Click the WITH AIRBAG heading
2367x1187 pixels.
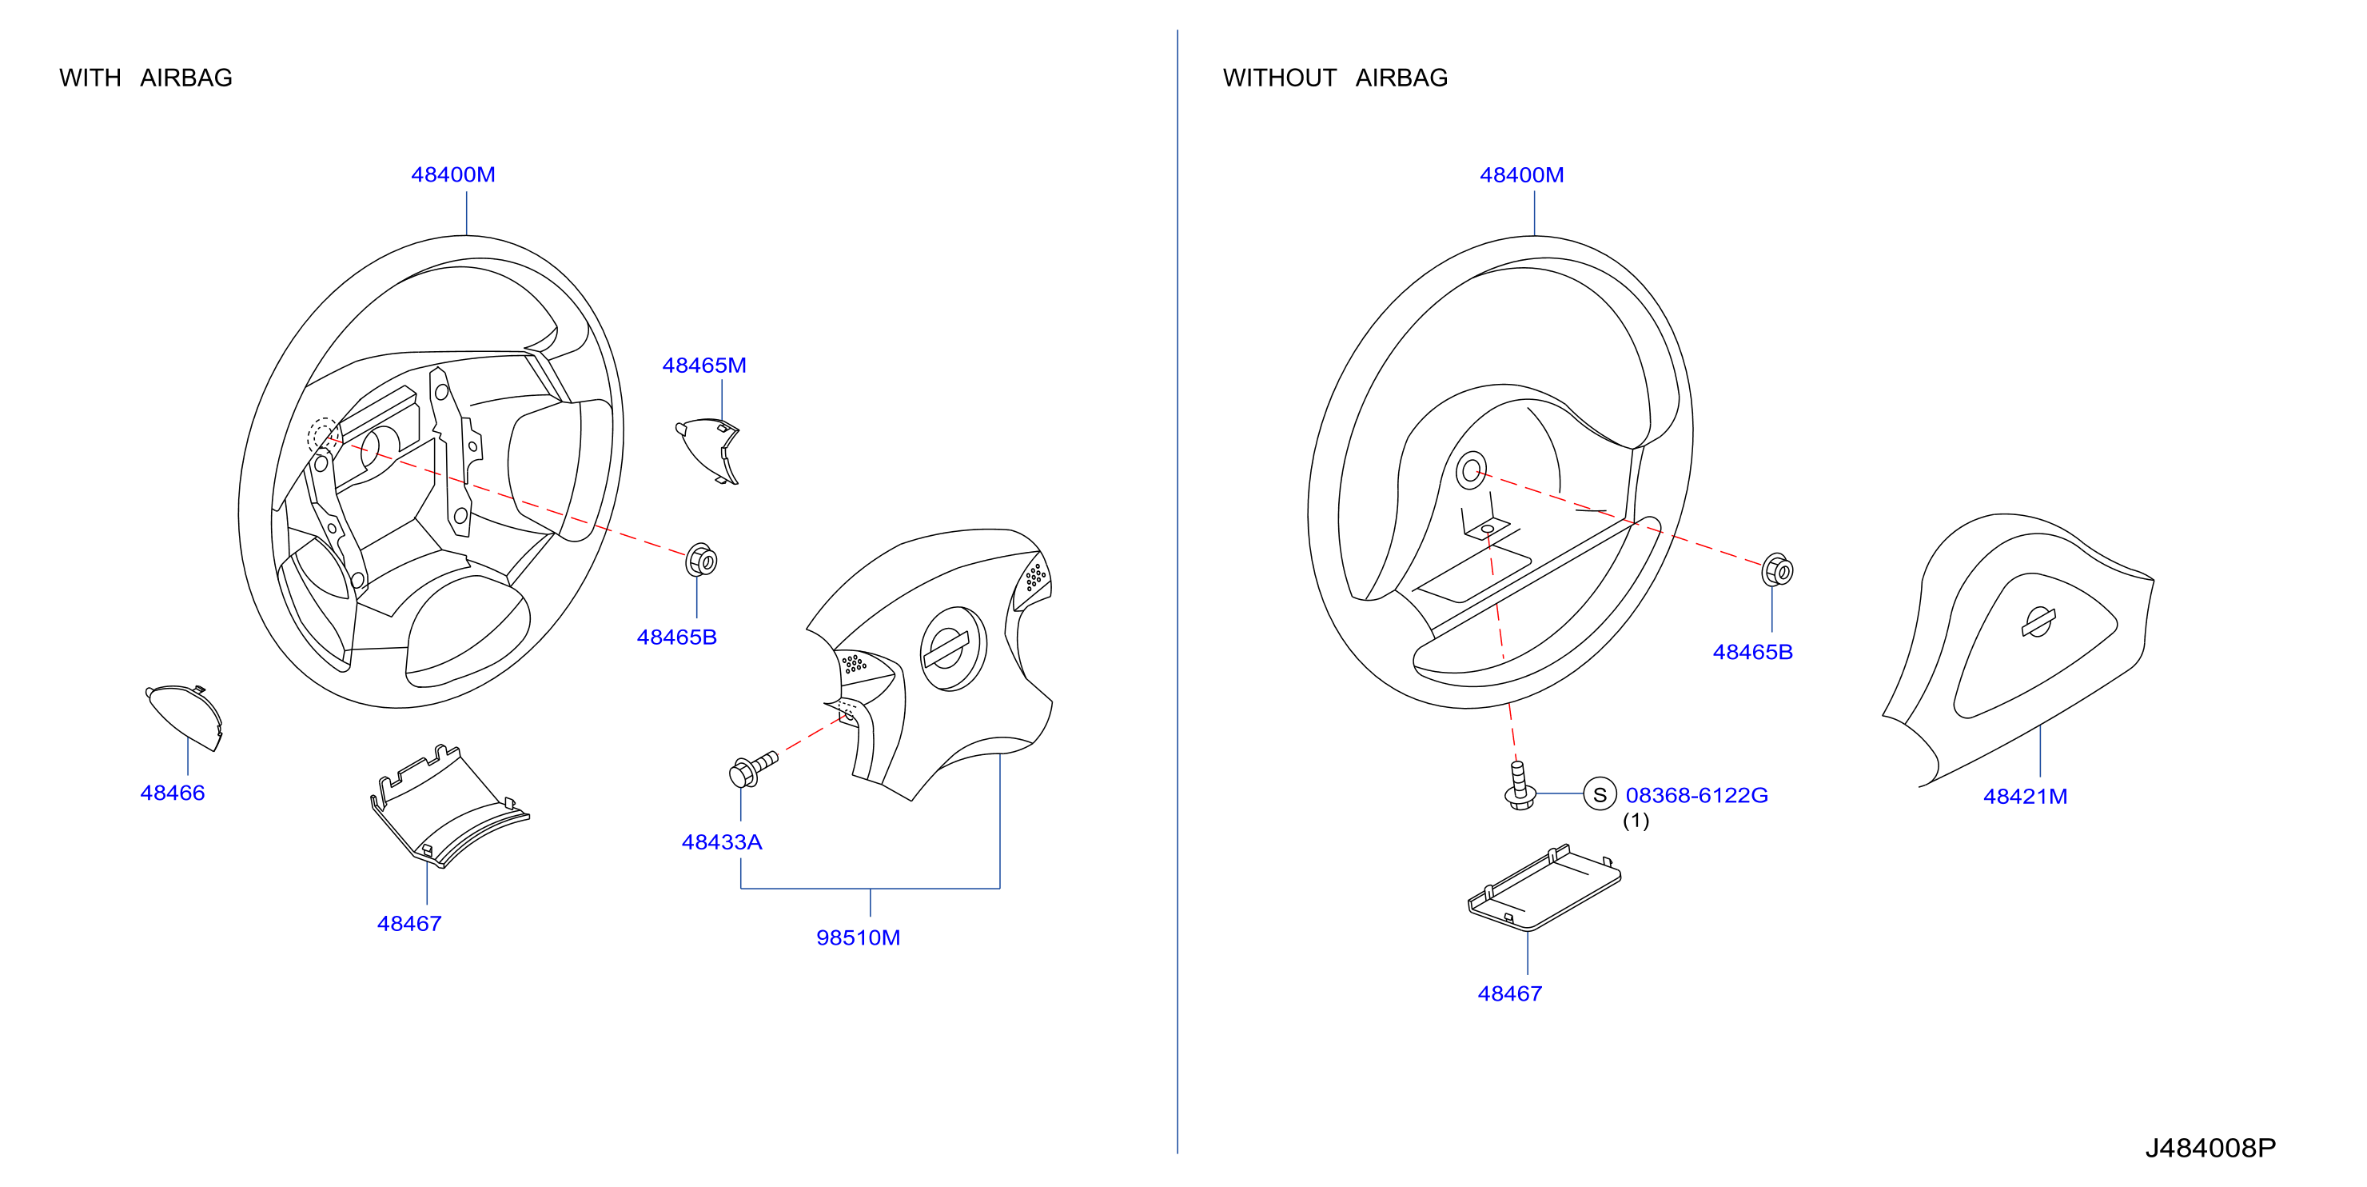click(145, 78)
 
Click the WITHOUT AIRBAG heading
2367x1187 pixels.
click(1335, 78)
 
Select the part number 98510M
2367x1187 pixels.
click(859, 937)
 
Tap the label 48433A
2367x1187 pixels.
click(721, 842)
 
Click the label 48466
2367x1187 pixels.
click(172, 793)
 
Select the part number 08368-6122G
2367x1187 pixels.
click(1696, 795)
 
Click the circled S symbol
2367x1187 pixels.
click(1600, 794)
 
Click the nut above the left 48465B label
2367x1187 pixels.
click(701, 560)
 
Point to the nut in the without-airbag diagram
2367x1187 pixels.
click(1777, 570)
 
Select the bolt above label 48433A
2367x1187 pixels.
click(752, 769)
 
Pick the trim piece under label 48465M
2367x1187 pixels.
click(708, 450)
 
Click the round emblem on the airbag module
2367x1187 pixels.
click(953, 648)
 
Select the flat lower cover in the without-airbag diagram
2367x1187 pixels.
click(1544, 887)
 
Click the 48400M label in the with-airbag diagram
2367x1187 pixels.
click(453, 174)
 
